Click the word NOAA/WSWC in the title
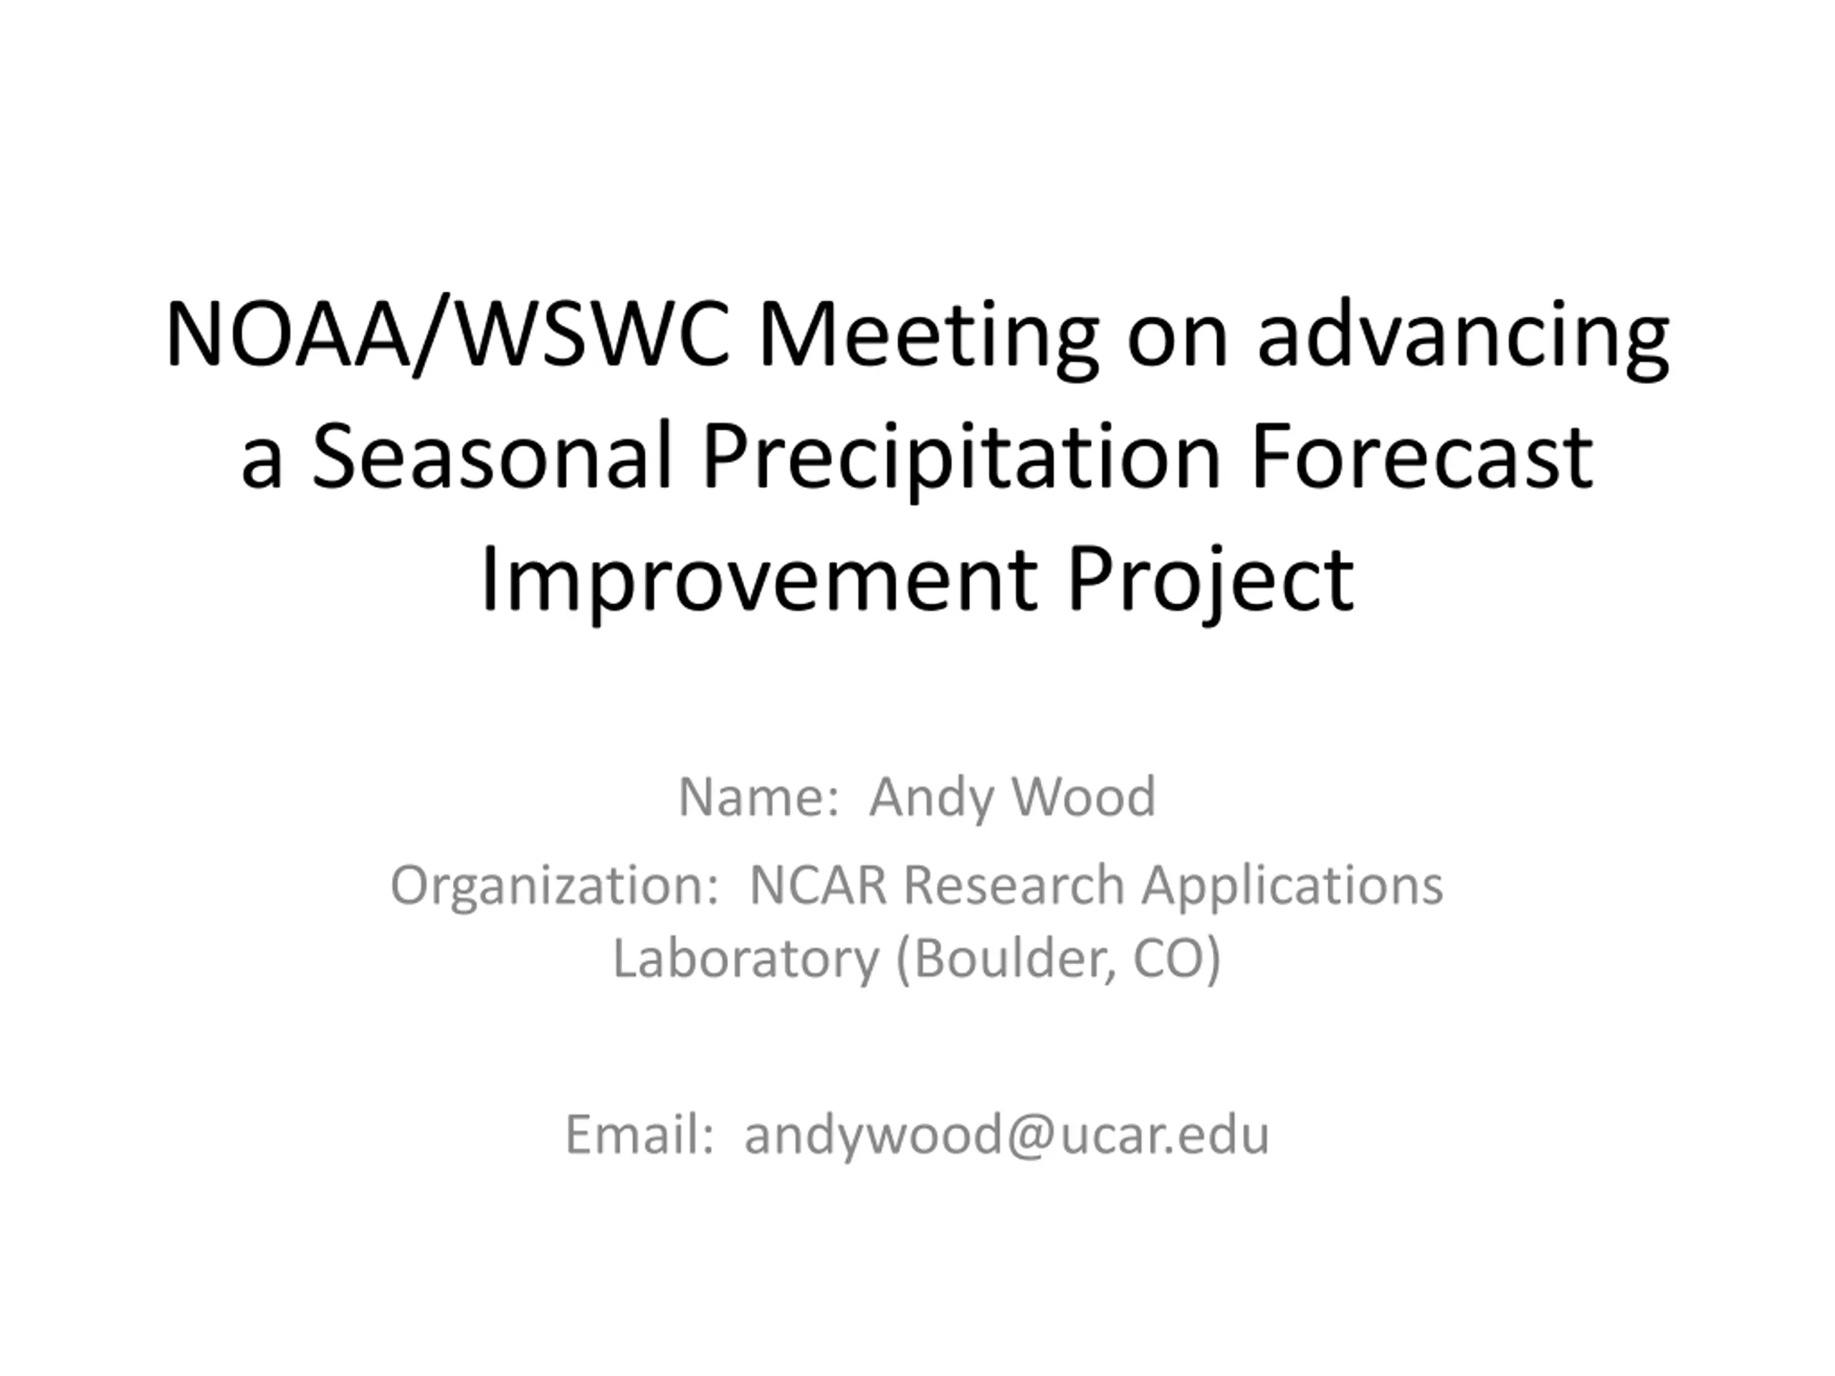click(447, 333)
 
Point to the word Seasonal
click(491, 455)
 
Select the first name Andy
click(927, 800)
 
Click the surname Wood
click(1083, 796)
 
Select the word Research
click(1014, 885)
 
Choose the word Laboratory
click(745, 958)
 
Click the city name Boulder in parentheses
click(1006, 960)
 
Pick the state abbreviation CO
click(1177, 960)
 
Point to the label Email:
click(639, 1134)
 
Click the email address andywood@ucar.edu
click(1007, 1137)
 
